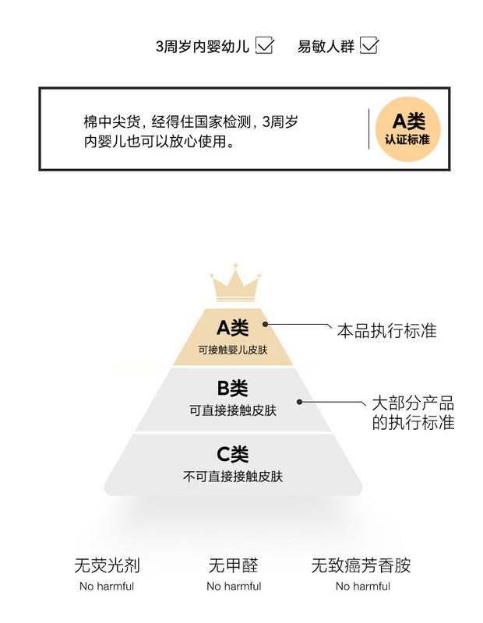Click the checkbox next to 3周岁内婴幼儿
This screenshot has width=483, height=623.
pos(265,46)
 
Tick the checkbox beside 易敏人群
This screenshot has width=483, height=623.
pos(368,46)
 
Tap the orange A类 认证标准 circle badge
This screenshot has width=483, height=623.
pos(407,129)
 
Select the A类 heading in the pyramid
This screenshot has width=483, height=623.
pos(232,327)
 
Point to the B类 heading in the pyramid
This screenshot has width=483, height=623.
pos(232,388)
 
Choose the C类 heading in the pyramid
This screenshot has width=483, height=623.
pos(232,454)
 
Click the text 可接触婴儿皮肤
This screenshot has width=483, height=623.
pos(232,350)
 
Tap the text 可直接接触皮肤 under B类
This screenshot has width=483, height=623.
pos(232,410)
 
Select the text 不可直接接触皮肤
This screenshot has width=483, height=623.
pos(232,476)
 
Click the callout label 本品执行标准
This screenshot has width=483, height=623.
pos(386,331)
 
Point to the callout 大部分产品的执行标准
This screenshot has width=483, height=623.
pos(412,414)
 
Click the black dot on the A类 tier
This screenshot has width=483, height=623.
pos(265,324)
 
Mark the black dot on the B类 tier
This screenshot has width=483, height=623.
pos(298,402)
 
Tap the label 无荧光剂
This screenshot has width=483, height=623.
pos(107,565)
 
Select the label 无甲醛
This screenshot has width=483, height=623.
pos(233,565)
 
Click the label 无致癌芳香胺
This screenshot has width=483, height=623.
pos(361,565)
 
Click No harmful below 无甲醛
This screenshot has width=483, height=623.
pos(234,586)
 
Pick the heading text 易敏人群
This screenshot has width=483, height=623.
pos(326,47)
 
